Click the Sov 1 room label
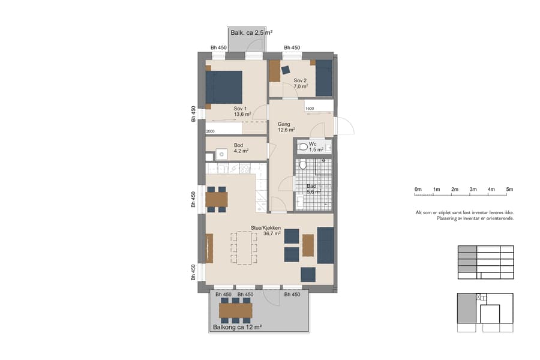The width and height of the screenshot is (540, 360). (x=241, y=111)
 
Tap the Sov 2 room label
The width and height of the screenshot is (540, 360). (x=300, y=83)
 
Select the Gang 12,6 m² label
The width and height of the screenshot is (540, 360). (x=286, y=127)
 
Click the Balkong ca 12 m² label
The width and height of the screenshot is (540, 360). (x=238, y=327)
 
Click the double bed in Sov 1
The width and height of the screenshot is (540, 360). (x=224, y=88)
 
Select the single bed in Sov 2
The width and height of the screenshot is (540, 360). (x=324, y=78)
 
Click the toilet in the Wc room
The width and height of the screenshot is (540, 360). (x=303, y=146)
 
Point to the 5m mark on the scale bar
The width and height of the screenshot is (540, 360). (x=509, y=190)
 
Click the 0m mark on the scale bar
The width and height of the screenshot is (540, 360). (x=418, y=190)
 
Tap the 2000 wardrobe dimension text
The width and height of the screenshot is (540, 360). (x=210, y=131)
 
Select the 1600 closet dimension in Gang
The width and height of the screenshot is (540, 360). (x=310, y=109)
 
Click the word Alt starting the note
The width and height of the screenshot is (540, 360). (x=419, y=212)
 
